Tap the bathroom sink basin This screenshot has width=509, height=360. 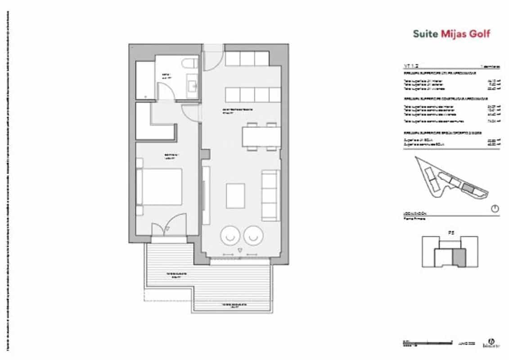194,84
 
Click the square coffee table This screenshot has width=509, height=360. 235,196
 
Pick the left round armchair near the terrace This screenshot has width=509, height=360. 230,235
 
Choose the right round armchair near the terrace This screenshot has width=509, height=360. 253,235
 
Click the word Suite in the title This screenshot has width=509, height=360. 425,34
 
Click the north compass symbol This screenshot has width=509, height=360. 495,209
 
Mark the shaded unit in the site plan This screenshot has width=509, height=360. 469,189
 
